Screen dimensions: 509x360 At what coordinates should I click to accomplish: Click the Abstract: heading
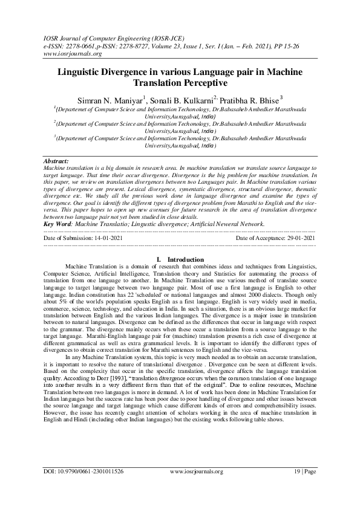click(57, 162)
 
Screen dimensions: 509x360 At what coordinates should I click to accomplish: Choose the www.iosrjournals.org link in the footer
click(197, 488)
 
